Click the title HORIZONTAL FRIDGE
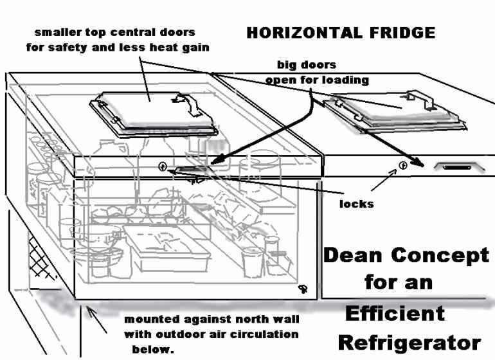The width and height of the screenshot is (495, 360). point(341,33)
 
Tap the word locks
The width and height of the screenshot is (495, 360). point(355,204)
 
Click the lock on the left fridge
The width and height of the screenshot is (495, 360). point(163,166)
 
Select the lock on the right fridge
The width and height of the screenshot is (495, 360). point(403,165)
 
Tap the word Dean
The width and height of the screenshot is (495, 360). point(354,256)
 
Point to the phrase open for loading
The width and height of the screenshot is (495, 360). point(317,80)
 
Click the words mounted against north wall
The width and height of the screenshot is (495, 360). point(212,319)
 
